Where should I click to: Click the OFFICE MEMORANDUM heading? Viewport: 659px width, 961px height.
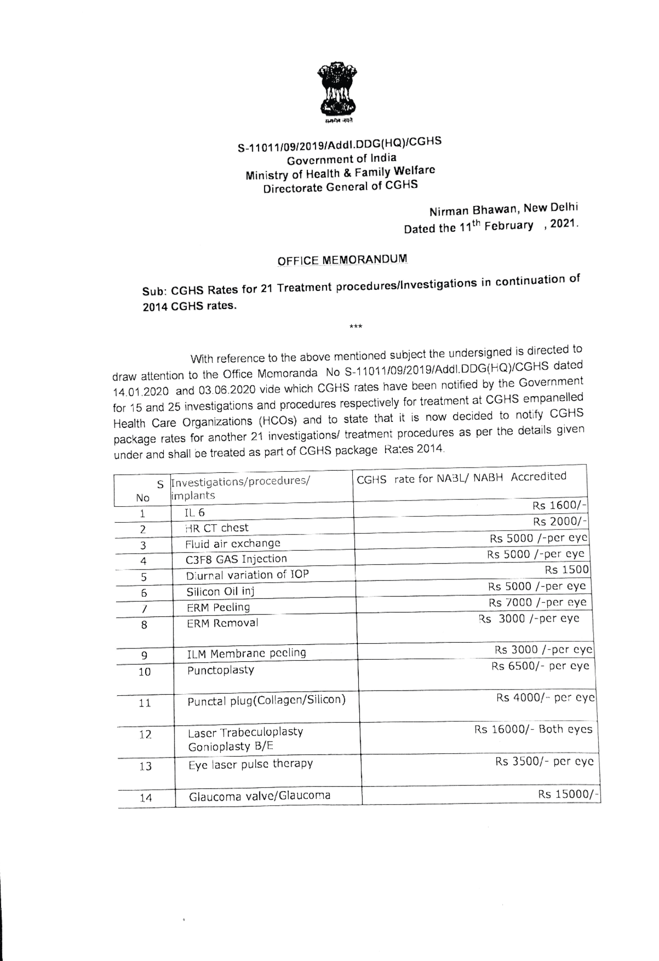[x=342, y=260]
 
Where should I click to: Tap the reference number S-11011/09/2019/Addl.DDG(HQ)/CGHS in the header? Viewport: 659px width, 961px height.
[x=339, y=145]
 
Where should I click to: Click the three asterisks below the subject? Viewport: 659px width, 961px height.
[x=355, y=326]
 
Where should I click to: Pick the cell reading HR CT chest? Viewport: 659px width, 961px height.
[x=217, y=528]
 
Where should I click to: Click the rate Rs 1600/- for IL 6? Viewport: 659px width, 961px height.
[x=559, y=505]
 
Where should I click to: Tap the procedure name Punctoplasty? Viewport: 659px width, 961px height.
[x=220, y=670]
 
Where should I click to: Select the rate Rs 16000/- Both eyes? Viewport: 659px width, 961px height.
[x=533, y=729]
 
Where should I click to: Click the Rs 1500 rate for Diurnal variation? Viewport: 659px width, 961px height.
[x=567, y=570]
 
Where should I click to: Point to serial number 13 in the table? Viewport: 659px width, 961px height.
[x=145, y=766]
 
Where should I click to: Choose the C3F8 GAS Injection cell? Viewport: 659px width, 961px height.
[x=236, y=559]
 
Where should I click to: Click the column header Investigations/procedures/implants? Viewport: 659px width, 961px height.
[x=240, y=488]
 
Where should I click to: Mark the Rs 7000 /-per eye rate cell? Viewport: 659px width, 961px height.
[x=537, y=602]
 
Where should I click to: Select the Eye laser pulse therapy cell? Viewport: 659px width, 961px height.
[x=250, y=764]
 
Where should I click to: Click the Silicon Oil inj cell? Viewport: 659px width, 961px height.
[x=220, y=592]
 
